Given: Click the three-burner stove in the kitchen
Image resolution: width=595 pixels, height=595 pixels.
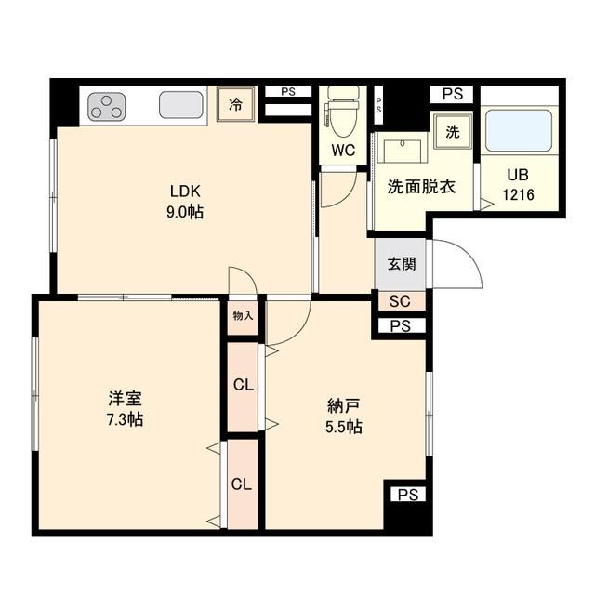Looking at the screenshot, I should [x=107, y=106].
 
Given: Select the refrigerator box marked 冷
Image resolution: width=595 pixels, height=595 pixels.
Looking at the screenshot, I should [x=236, y=104].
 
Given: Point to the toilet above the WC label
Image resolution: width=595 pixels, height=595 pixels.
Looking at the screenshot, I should [x=342, y=112].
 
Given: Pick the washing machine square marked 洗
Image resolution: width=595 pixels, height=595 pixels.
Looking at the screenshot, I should [x=453, y=132].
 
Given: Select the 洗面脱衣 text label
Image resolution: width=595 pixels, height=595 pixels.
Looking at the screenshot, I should [x=420, y=186].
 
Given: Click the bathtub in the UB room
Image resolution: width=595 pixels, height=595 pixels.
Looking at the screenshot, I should [x=519, y=130].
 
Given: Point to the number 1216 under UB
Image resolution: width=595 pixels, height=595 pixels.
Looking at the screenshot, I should [x=518, y=194].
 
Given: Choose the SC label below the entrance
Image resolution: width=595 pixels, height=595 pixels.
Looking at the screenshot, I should [x=401, y=301].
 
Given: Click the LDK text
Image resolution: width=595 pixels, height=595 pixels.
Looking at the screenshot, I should [x=185, y=192].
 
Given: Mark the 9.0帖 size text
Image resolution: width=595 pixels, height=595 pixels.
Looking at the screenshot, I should [x=185, y=212].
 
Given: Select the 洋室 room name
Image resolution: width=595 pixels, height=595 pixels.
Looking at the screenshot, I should [x=124, y=399].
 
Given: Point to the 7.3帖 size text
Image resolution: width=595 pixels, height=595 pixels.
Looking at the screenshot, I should [x=124, y=419].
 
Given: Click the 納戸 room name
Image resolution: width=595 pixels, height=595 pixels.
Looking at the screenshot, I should [x=343, y=406].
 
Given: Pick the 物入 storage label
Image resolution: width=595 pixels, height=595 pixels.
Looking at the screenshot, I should [x=243, y=316].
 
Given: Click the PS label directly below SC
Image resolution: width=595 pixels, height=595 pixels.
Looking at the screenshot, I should [x=401, y=326].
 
